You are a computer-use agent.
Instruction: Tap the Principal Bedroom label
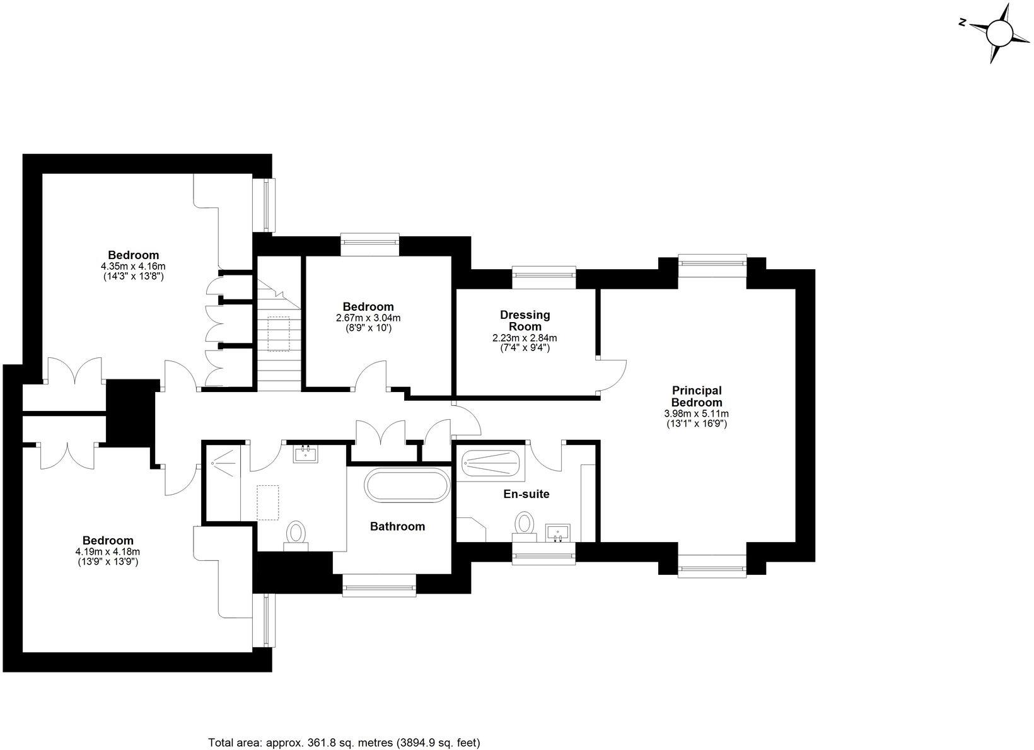(697, 396)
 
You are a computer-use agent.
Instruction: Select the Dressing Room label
(525, 320)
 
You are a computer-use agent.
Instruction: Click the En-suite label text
(526, 494)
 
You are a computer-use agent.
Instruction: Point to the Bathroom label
(397, 526)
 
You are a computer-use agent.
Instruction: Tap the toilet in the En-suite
(524, 524)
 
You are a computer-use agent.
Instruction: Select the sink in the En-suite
(558, 533)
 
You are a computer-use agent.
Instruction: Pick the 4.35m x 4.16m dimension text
(133, 266)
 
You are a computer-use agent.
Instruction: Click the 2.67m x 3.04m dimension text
(368, 318)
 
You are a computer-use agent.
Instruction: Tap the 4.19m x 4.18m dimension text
(107, 551)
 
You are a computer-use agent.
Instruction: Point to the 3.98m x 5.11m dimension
(697, 413)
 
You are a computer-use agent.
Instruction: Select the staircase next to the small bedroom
(277, 334)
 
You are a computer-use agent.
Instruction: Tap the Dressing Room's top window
(543, 272)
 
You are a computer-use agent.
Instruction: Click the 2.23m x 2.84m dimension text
(525, 338)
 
